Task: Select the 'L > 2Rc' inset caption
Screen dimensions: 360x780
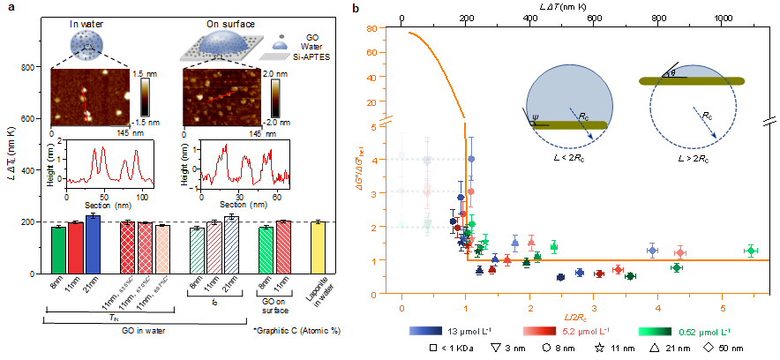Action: pos(693,156)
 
